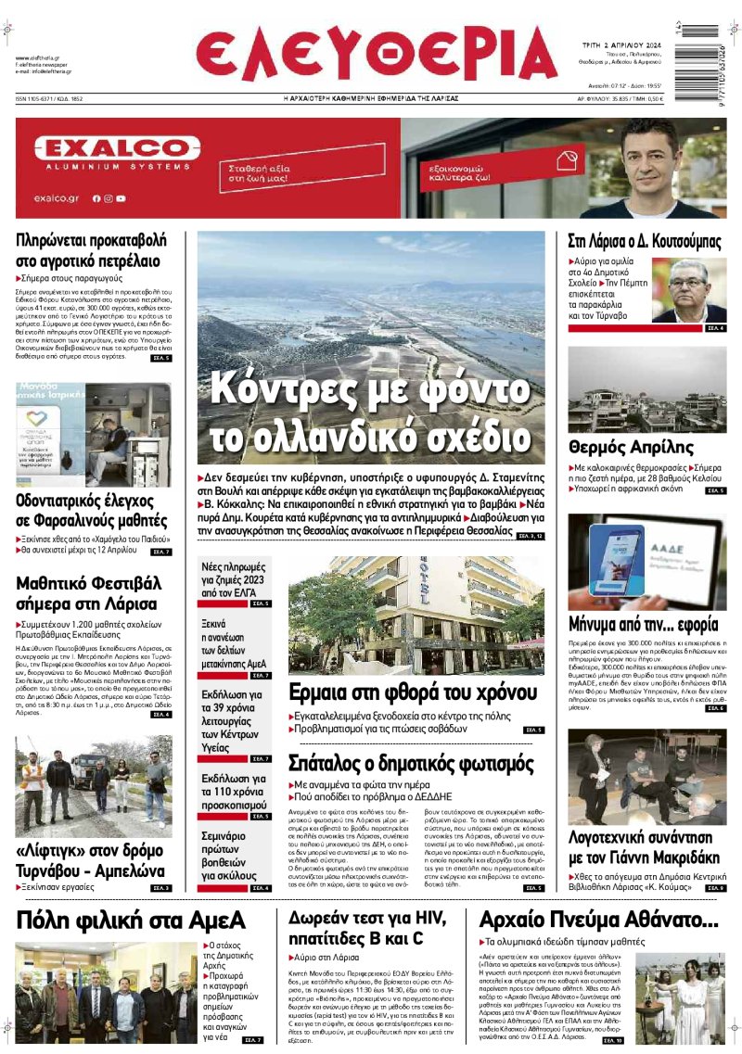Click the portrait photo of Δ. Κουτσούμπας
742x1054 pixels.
(x=689, y=289)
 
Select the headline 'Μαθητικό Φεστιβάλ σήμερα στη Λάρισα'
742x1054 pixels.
(x=89, y=593)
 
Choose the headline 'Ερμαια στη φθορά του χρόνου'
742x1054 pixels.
(x=402, y=692)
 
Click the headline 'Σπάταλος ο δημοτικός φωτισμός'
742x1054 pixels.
(x=410, y=765)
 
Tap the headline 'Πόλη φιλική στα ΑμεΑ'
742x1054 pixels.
(x=131, y=920)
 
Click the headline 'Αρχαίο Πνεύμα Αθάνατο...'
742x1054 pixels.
(x=598, y=920)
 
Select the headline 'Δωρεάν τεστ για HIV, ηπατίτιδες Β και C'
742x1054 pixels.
(x=368, y=928)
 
